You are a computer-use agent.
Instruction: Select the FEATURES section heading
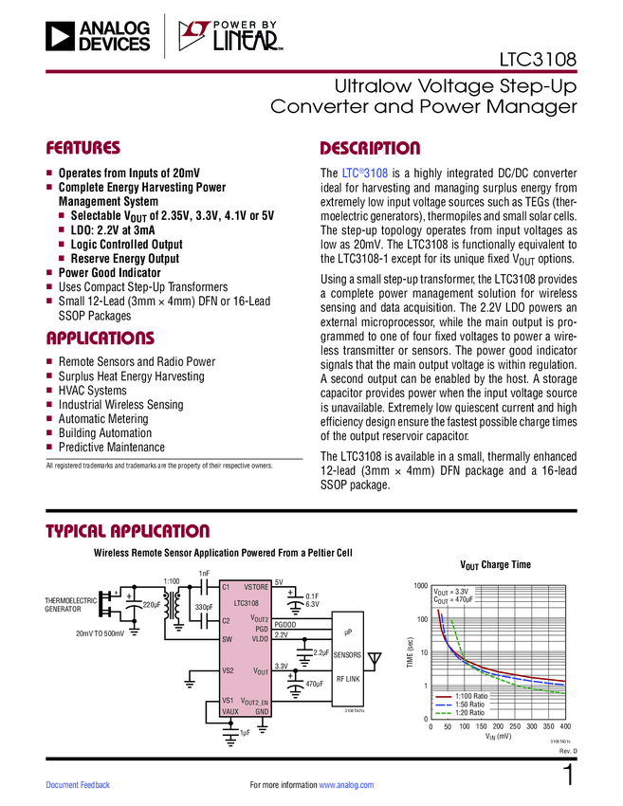tap(83, 149)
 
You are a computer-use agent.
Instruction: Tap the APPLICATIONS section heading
tap(100, 339)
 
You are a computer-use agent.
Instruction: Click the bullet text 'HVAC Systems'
tap(92, 391)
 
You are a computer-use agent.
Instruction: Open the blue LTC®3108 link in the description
tap(364, 174)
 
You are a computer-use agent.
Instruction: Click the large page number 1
tap(569, 775)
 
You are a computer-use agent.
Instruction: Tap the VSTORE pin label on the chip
tap(256, 588)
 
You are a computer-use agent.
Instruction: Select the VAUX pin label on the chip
tap(229, 711)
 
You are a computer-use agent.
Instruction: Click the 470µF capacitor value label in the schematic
tap(315, 684)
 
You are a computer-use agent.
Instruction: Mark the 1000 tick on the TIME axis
tap(419, 587)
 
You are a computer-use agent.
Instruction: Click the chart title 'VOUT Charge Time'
tap(495, 565)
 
